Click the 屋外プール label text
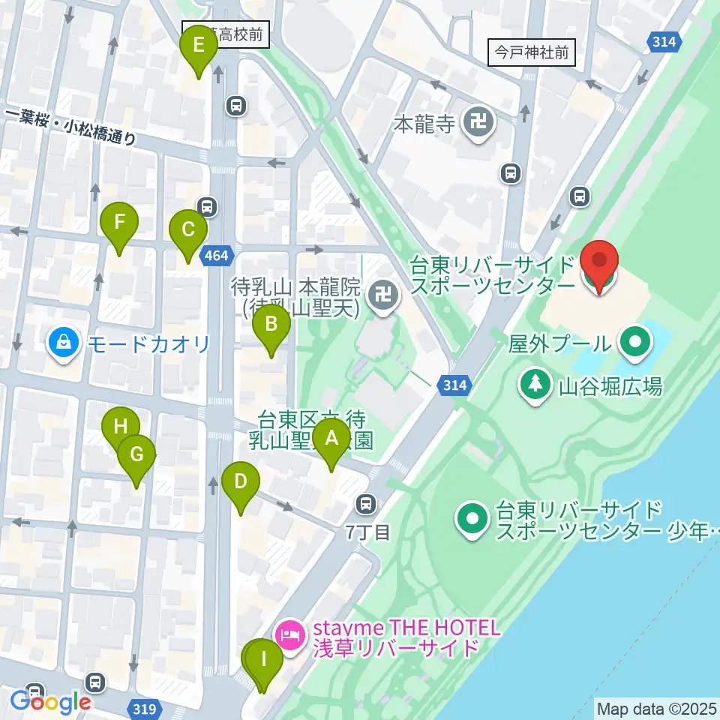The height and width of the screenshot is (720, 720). pos(559,343)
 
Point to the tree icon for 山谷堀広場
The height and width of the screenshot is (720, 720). pos(535,385)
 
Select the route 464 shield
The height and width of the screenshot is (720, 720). pos(215,256)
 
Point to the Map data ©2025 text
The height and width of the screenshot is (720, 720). pos(656,709)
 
